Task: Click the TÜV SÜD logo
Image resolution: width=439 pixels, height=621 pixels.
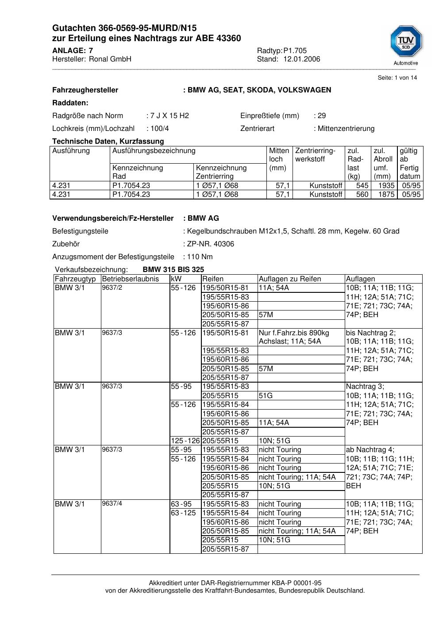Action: pos(406,43)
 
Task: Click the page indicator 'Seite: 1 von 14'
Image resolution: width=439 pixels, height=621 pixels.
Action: pos(397,78)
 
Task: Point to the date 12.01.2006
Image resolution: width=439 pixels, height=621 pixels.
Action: pos(302,59)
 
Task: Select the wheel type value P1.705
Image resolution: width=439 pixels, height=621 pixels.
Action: pos(295,51)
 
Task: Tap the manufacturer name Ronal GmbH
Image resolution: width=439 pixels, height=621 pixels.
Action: pos(110,59)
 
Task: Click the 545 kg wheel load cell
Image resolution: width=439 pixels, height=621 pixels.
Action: pos(362,186)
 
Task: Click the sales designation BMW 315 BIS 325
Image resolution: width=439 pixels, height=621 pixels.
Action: pos(173,270)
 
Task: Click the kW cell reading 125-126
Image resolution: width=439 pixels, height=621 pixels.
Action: pos(185,441)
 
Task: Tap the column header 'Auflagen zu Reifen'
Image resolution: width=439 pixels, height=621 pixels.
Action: pos(290,279)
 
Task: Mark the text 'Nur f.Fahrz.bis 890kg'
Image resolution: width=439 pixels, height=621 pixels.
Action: pos(294,333)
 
